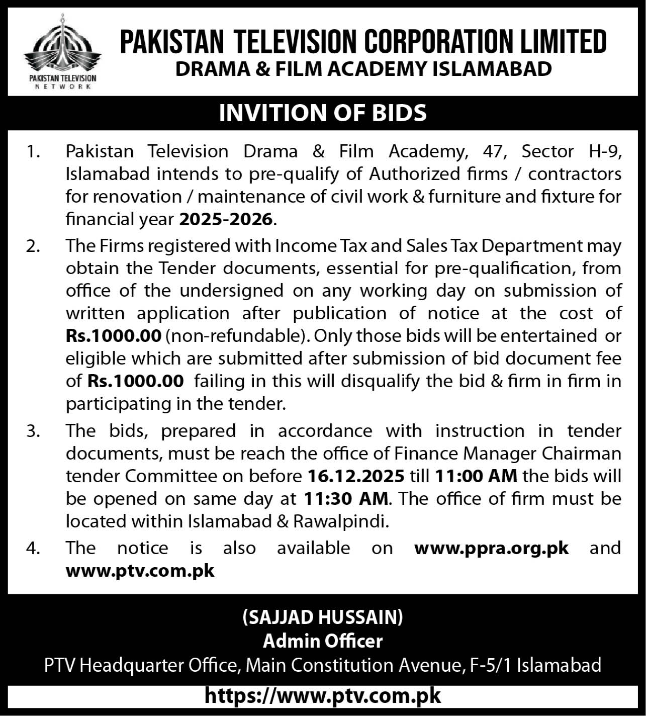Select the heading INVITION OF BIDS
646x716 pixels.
click(x=323, y=113)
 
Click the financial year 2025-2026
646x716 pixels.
click(x=226, y=219)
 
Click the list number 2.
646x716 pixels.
click(x=33, y=246)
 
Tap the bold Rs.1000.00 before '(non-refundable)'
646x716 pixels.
click(x=114, y=336)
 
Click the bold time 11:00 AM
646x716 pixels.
click(x=476, y=476)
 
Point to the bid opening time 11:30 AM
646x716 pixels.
click(x=346, y=498)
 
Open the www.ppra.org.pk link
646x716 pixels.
click(x=491, y=548)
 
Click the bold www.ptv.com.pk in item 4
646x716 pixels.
click(x=140, y=571)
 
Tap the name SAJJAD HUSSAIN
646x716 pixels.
click(x=323, y=617)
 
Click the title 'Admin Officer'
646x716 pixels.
click(x=323, y=641)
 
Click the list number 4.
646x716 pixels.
click(x=33, y=548)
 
